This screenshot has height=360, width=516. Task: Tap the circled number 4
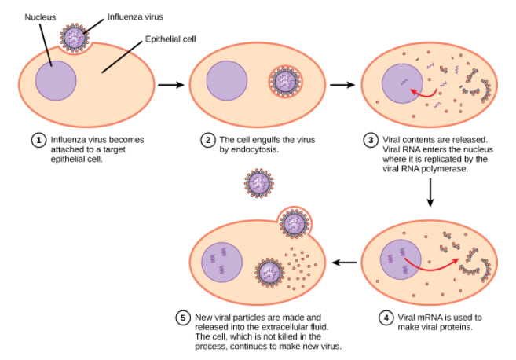tap(386, 318)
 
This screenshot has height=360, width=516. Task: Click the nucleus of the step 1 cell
tap(53, 80)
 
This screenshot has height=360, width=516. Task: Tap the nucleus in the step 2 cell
tap(227, 82)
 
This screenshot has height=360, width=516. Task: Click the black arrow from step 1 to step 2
tap(170, 83)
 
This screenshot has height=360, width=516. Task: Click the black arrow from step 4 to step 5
tap(342, 262)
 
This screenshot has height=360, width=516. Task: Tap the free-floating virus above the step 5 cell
tap(259, 183)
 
